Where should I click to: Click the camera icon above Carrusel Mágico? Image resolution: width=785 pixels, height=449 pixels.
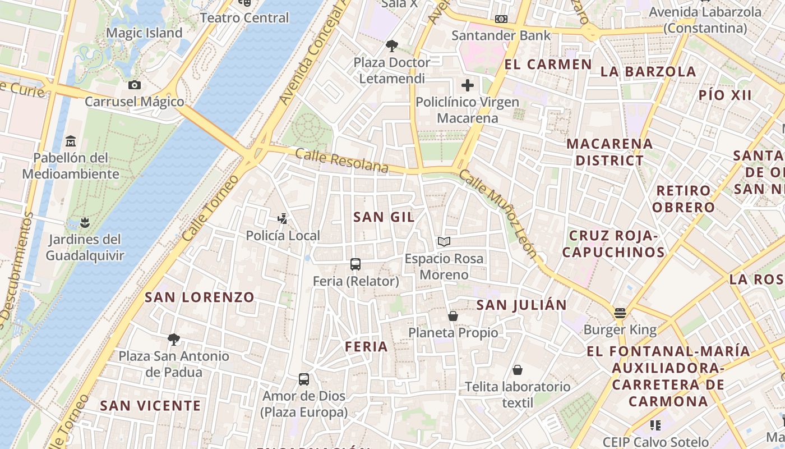(x=135, y=85)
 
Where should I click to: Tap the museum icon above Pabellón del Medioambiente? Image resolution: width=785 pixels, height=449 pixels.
(x=71, y=140)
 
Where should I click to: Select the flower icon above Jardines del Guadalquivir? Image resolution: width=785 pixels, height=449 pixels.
(x=85, y=223)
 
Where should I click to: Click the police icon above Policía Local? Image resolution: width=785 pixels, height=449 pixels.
(x=283, y=218)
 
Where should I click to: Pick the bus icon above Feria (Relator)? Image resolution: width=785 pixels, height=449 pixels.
(x=355, y=264)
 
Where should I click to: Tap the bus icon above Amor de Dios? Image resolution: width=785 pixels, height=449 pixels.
(x=304, y=379)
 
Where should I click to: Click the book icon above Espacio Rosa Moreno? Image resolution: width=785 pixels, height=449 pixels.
(x=444, y=242)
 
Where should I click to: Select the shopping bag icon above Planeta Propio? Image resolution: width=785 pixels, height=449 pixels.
(x=453, y=316)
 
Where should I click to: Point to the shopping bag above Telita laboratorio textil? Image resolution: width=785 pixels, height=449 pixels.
(x=518, y=370)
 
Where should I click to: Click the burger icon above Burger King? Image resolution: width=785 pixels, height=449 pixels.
(x=620, y=313)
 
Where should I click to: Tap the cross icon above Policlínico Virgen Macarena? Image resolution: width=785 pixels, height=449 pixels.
(x=468, y=85)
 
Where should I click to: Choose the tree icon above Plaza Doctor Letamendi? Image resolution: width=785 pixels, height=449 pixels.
(x=391, y=45)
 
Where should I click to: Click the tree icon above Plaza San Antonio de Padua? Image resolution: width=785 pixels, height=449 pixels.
(x=174, y=339)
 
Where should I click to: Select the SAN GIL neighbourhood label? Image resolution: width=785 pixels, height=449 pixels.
(x=384, y=217)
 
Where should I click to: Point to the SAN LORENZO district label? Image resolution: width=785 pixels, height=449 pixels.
(x=200, y=297)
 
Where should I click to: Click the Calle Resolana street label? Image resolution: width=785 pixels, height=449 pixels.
(x=341, y=161)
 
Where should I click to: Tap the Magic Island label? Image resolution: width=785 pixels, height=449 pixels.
(x=144, y=33)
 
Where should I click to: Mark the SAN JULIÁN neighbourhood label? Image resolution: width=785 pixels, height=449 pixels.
(x=521, y=305)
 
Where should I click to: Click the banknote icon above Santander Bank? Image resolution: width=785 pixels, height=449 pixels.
(x=501, y=19)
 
